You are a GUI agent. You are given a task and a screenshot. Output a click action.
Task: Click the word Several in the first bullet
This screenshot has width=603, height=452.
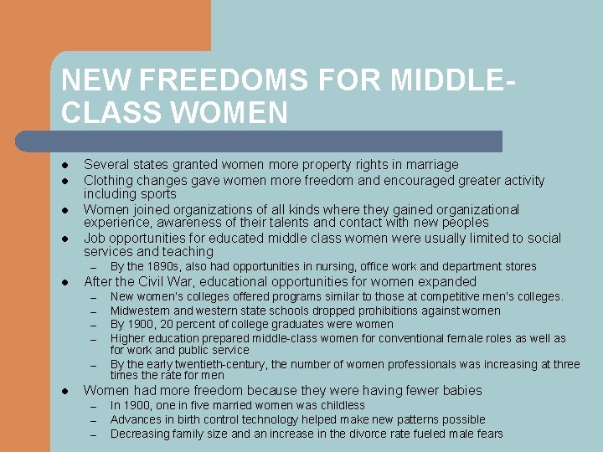click(106, 165)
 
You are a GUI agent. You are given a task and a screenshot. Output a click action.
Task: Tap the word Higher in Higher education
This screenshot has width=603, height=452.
click(129, 338)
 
